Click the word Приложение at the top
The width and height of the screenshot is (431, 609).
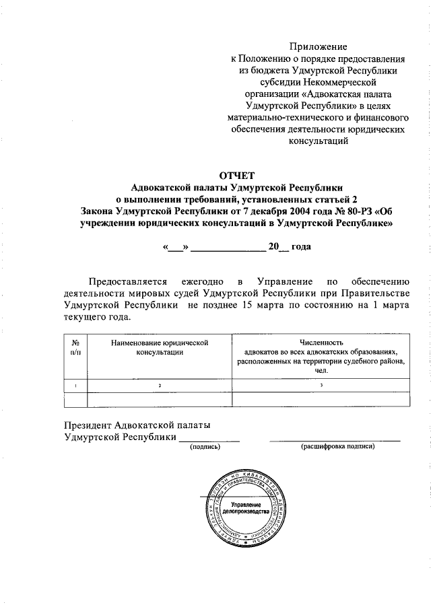tap(318, 46)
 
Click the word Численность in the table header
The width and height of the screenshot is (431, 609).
tap(321, 343)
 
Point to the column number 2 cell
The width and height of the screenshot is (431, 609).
tap(160, 385)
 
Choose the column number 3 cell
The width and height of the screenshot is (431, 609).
tap(321, 385)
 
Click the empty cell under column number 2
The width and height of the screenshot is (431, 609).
tap(160, 399)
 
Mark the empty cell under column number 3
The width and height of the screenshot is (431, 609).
tap(321, 399)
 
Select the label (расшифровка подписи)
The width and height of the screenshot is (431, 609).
tap(333, 446)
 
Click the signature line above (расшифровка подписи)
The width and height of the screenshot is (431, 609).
tap(335, 439)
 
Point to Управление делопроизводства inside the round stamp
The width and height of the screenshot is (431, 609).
tap(245, 507)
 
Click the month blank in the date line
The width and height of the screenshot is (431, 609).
tap(229, 248)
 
